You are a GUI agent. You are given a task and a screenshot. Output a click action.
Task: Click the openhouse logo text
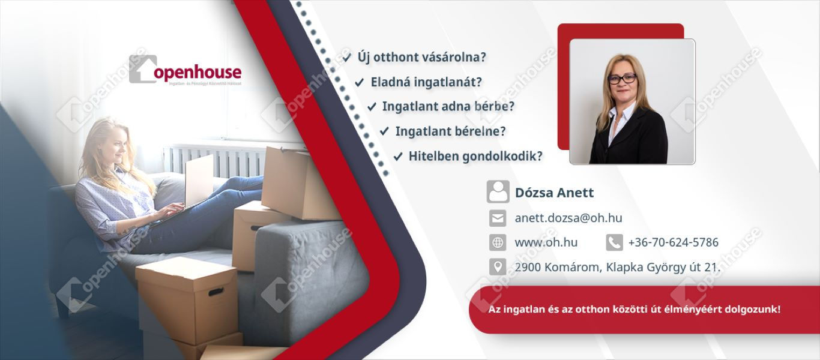click(197, 73)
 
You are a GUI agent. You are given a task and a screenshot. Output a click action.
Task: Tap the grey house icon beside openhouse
click(143, 69)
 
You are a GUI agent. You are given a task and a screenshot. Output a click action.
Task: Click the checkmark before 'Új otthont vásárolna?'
click(346, 58)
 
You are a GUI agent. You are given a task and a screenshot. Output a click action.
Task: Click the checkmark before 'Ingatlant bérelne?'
click(384, 131)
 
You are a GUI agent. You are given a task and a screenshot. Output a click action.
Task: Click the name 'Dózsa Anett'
click(554, 193)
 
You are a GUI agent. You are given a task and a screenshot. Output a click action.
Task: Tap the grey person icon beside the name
click(498, 191)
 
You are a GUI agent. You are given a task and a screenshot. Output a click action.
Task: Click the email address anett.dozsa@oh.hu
click(568, 218)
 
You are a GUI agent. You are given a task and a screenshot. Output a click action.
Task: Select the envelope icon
click(498, 218)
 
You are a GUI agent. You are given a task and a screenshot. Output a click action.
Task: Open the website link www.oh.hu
click(546, 242)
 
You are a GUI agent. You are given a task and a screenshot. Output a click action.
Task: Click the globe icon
click(498, 242)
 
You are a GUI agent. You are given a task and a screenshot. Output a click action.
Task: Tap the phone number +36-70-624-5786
click(673, 242)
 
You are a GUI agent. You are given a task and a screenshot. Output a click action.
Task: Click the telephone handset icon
click(614, 242)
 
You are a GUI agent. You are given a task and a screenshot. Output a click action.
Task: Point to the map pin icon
click(498, 267)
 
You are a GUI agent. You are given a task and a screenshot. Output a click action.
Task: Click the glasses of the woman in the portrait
click(622, 79)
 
